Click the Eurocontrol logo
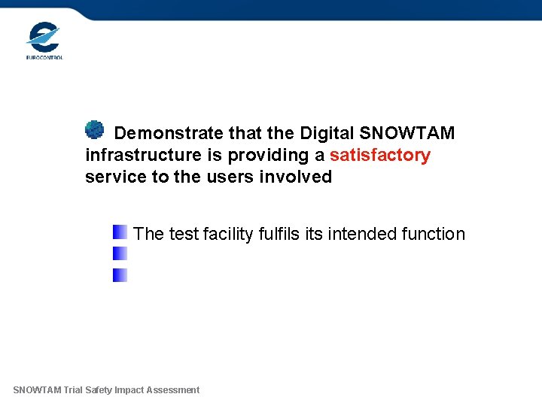(x=44, y=41)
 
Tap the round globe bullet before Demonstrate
(x=94, y=130)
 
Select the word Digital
(x=327, y=134)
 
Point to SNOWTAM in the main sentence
(x=407, y=134)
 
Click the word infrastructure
(x=143, y=156)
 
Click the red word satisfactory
(x=380, y=156)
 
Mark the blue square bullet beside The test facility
(x=120, y=232)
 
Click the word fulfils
(x=279, y=235)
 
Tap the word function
(x=433, y=235)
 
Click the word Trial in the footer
(x=74, y=390)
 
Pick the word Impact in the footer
(x=130, y=390)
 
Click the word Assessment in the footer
(x=174, y=390)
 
